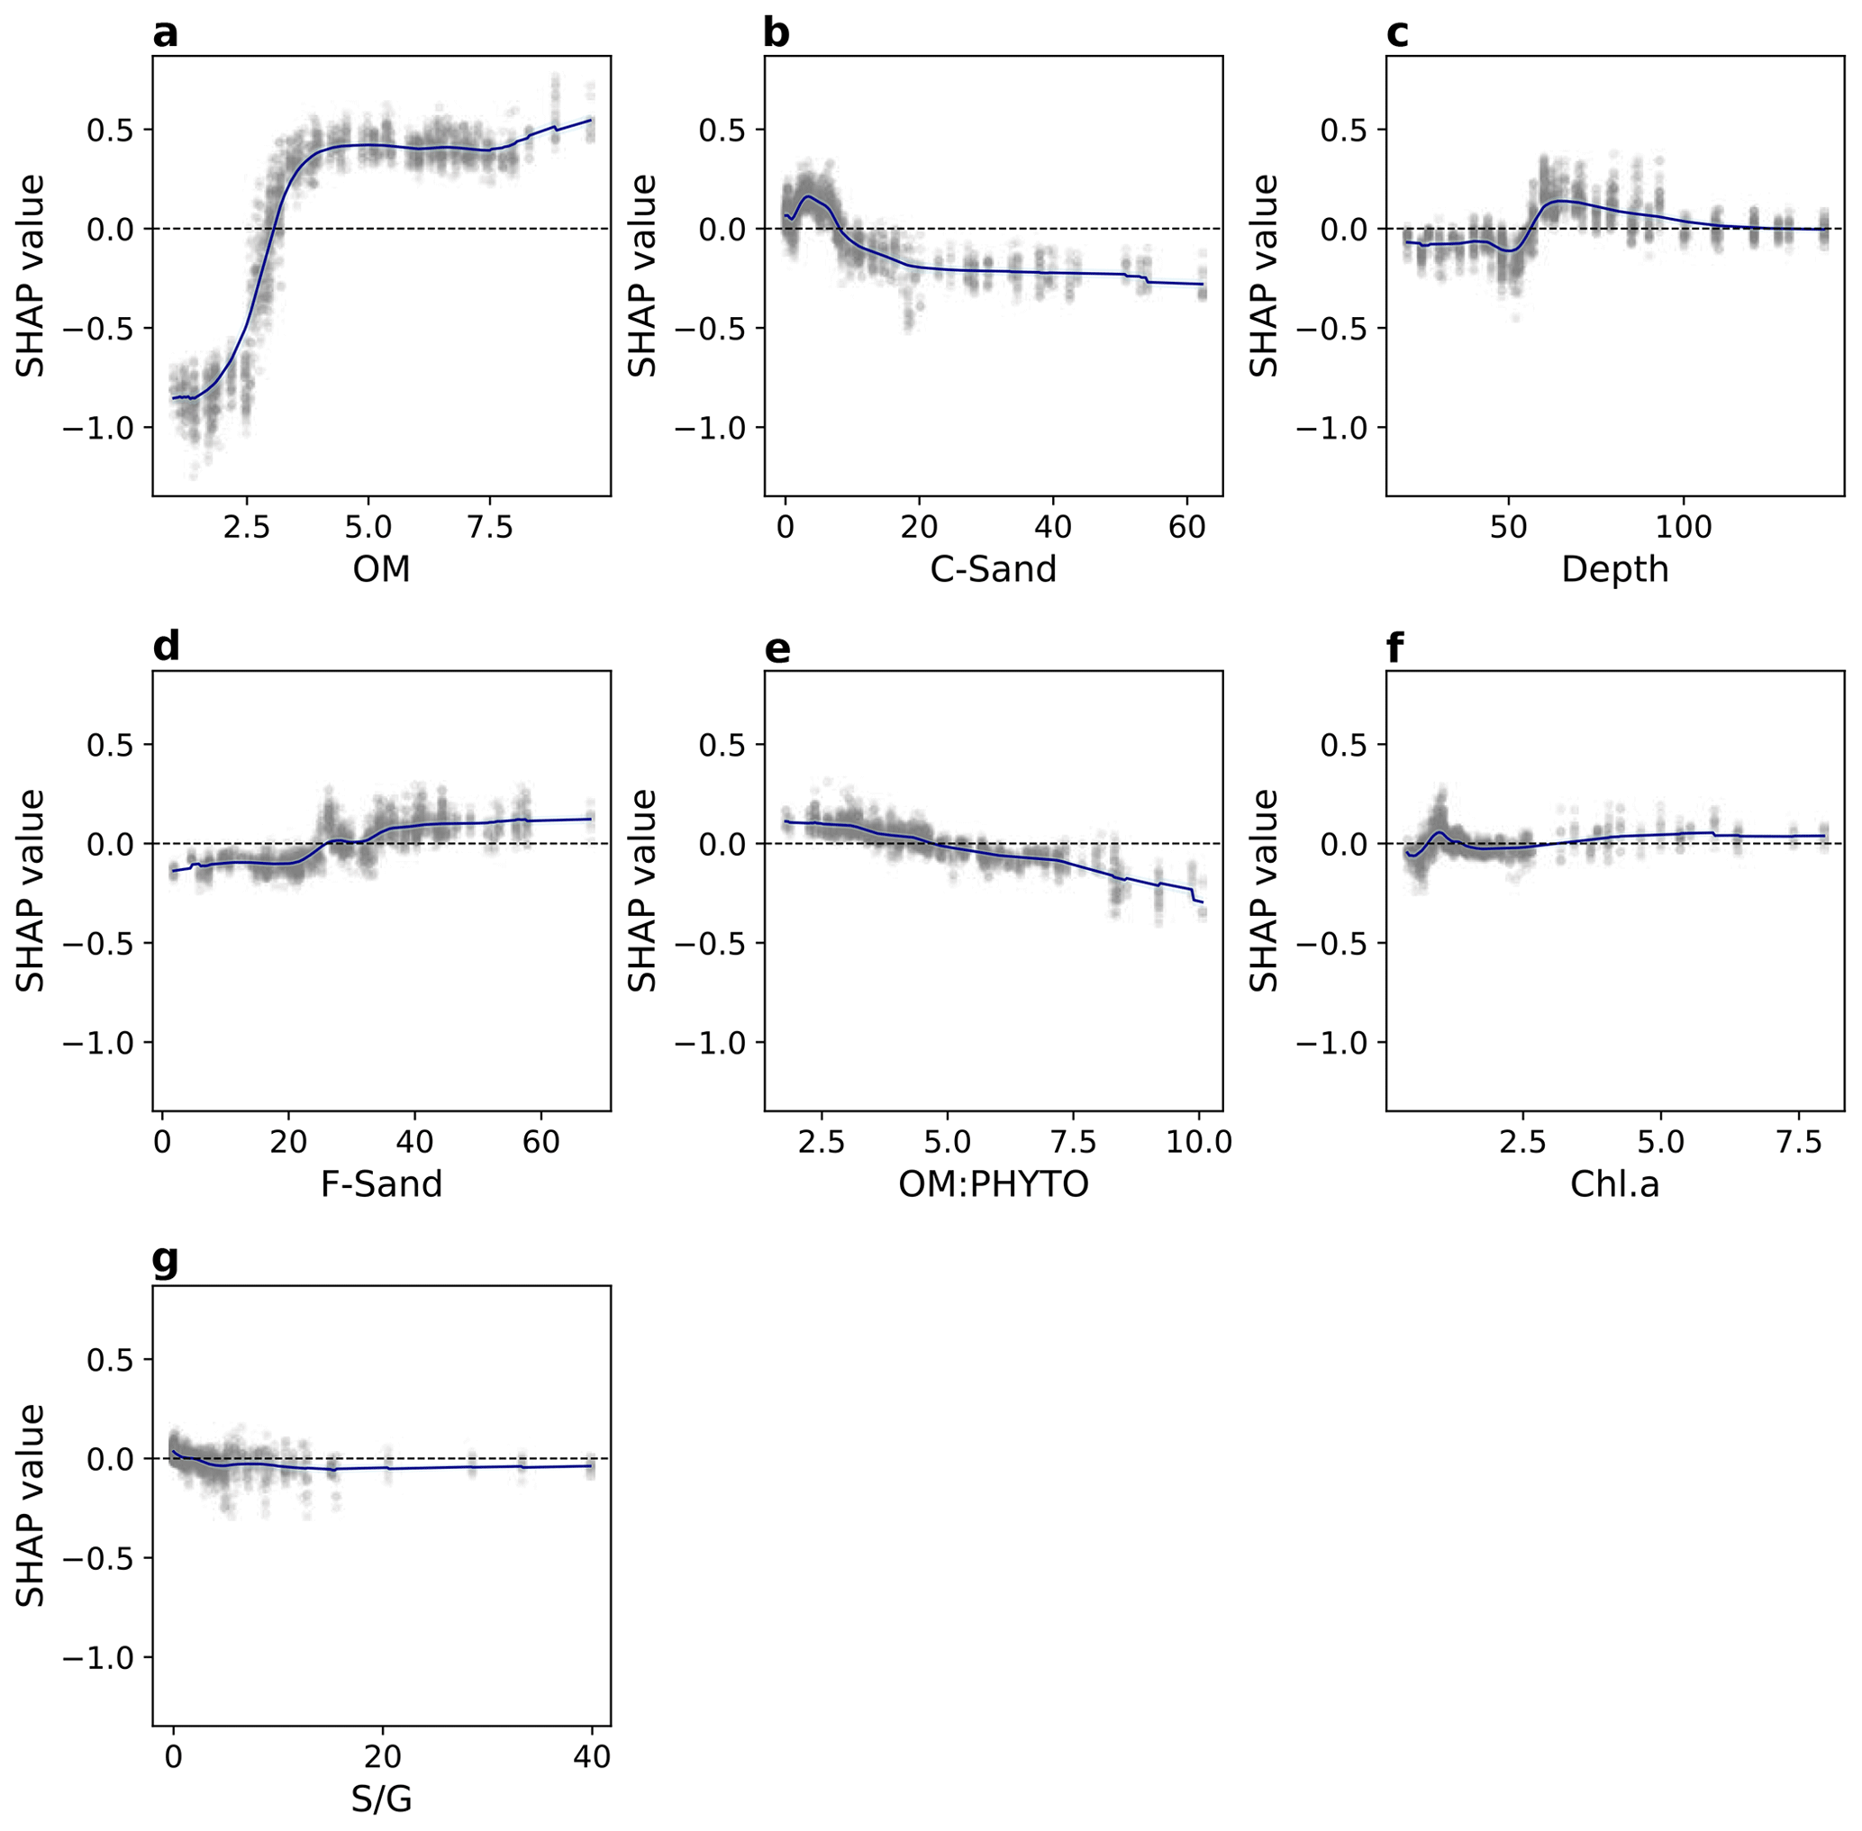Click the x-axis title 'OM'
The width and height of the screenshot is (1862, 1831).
[x=381, y=569]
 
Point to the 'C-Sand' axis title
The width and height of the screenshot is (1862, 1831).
[x=993, y=569]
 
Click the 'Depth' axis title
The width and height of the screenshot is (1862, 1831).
[x=1614, y=569]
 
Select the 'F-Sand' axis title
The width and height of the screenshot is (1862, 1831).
[x=381, y=1183]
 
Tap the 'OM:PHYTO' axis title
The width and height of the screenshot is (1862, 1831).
[x=993, y=1183]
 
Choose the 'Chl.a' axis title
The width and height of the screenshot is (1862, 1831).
[x=1614, y=1183]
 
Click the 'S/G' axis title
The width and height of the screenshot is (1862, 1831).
[x=381, y=1799]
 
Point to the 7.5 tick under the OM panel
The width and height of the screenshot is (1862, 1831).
[x=489, y=527]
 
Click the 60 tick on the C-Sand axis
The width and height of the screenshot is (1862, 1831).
[x=1188, y=527]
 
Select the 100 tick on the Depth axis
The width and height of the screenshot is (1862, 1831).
[x=1684, y=527]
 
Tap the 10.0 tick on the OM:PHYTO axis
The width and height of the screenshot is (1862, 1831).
[x=1198, y=1141]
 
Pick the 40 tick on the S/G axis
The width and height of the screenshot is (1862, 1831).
[x=592, y=1757]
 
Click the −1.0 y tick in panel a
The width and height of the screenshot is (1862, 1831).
[x=100, y=428]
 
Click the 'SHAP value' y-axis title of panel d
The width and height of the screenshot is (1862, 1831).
[x=31, y=891]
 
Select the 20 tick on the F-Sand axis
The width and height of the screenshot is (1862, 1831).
[x=287, y=1141]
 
